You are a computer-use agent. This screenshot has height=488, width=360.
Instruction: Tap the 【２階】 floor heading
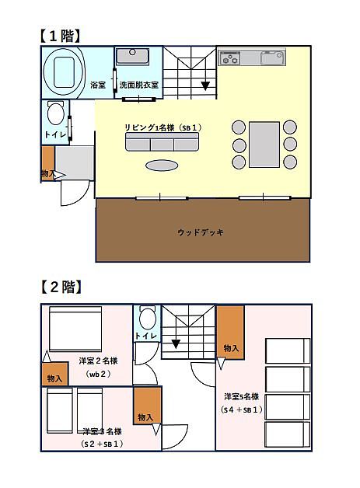pos(61,287)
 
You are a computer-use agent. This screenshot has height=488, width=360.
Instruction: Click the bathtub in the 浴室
pos(64,72)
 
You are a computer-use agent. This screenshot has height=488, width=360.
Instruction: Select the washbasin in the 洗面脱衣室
pos(133,56)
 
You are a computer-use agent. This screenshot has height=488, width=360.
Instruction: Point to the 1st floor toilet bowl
pos(56,113)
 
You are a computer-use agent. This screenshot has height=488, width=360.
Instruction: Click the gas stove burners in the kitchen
pos(229,58)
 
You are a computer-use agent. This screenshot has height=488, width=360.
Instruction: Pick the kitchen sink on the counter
pos(273,58)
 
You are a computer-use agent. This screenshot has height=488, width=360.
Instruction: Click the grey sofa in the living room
pos(162,142)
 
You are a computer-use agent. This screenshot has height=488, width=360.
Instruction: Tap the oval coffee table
pos(162,166)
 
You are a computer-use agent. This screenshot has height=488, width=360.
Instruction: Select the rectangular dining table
pos(264,145)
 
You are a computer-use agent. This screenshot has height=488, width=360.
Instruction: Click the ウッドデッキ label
pos(201,232)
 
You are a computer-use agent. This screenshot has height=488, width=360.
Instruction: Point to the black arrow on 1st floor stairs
pos(205,85)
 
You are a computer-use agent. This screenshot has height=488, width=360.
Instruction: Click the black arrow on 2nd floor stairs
pos(176,344)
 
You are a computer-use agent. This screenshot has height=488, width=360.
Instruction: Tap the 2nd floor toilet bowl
pos(148,318)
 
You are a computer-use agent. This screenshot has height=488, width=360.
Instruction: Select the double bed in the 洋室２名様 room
pos(75,329)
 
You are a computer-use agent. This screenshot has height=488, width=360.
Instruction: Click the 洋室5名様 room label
pos(242,397)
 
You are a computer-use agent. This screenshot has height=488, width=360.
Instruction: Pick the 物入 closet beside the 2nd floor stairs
pos(230,333)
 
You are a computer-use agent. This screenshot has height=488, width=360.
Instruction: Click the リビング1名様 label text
pos(149,127)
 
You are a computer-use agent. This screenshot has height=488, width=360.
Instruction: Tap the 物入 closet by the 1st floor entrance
pos(48,163)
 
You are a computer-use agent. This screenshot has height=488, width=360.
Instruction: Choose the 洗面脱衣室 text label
pos(139,85)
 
